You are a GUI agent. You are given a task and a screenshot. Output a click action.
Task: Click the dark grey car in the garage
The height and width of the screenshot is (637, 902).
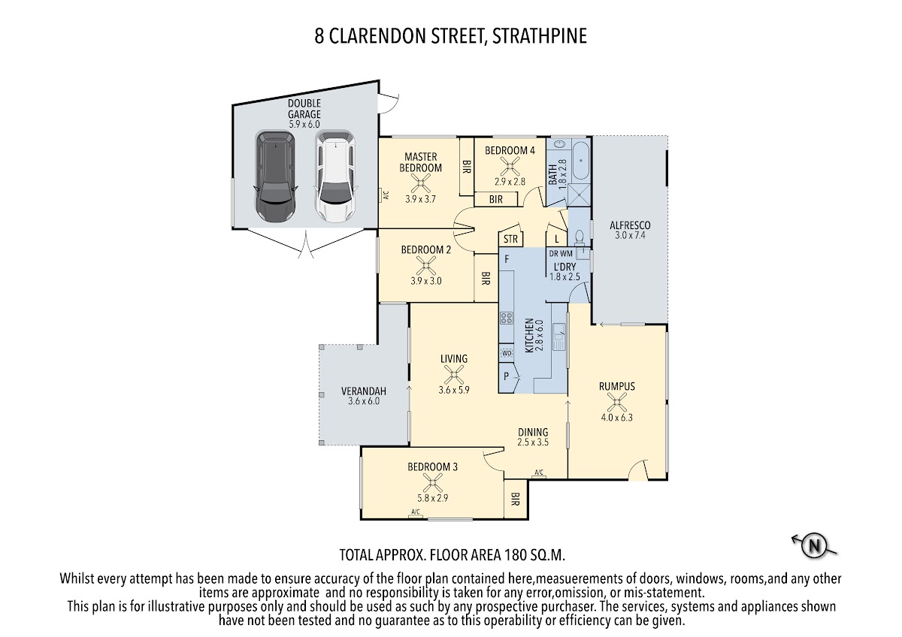(x=275, y=177)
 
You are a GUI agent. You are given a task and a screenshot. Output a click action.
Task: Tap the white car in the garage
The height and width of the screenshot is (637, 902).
(x=336, y=177)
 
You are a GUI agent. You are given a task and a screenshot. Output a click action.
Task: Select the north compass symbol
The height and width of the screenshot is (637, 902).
(x=814, y=546)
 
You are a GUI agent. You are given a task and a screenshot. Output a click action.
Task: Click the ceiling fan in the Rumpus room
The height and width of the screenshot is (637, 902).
(x=617, y=402)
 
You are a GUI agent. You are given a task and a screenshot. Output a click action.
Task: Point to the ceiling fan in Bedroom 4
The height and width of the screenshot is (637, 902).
(x=510, y=166)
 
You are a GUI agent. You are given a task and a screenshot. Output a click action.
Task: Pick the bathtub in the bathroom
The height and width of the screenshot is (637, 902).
(x=580, y=160)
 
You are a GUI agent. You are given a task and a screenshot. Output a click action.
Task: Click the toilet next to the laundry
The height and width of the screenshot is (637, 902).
(x=580, y=237)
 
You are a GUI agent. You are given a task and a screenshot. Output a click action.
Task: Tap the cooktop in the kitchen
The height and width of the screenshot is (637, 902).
(x=507, y=318)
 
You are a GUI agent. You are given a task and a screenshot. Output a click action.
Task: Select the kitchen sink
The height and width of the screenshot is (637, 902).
(x=559, y=336)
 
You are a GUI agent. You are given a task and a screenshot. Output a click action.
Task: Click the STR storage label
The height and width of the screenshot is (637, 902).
(x=510, y=239)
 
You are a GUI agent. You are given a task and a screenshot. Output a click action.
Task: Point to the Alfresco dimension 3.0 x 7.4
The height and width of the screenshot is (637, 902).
(x=630, y=235)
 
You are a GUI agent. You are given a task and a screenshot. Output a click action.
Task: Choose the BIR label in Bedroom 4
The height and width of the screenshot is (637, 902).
(x=495, y=199)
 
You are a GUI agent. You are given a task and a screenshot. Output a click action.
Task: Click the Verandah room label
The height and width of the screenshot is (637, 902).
(x=364, y=391)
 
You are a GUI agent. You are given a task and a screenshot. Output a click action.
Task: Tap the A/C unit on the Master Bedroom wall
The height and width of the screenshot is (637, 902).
(x=385, y=195)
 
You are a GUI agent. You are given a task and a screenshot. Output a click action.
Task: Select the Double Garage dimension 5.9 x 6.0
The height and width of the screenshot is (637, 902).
(x=304, y=125)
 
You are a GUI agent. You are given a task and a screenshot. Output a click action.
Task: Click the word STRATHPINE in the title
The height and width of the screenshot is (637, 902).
(x=540, y=36)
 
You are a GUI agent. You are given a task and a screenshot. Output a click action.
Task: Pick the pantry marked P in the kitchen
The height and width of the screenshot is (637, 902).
(x=506, y=376)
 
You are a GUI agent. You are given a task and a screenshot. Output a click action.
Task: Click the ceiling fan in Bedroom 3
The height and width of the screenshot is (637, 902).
(x=432, y=482)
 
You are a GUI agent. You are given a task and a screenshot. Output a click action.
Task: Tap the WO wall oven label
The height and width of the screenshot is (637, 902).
(x=507, y=353)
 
